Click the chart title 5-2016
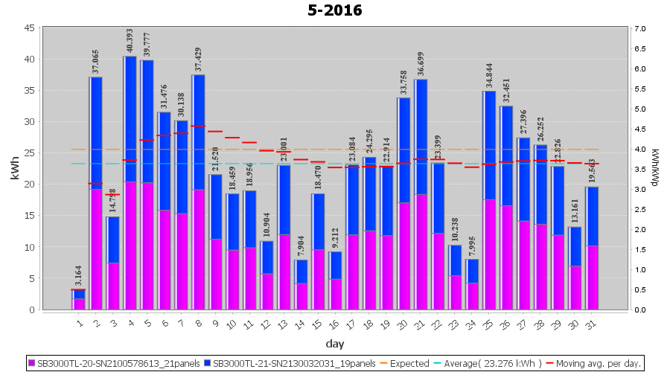(335, 10)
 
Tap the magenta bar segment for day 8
(198, 249)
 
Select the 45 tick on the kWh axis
(28, 28)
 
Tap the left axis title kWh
(14, 168)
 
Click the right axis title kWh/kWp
(655, 168)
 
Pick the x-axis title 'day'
(334, 344)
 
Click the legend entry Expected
(403, 364)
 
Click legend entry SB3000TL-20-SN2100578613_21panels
(119, 364)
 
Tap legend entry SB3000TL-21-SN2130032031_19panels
(290, 364)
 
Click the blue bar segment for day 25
(489, 145)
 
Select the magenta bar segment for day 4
(130, 246)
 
